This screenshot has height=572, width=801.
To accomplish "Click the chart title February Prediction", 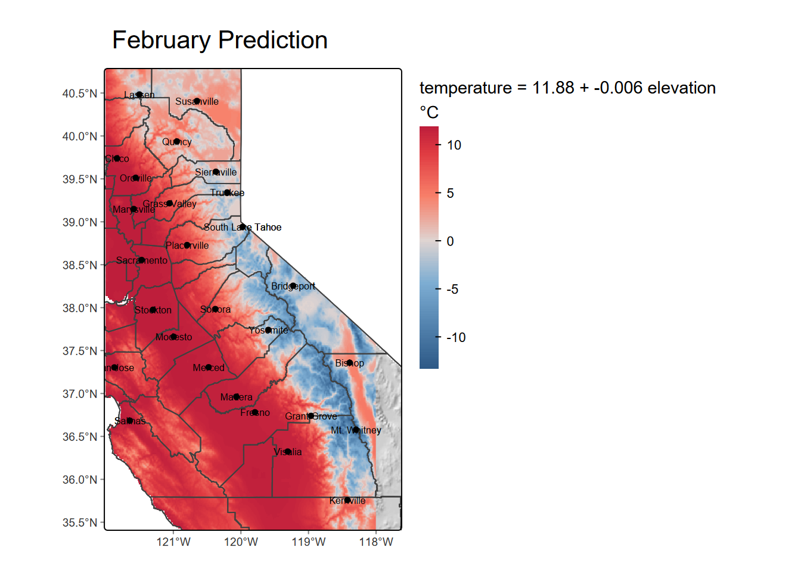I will (219, 41).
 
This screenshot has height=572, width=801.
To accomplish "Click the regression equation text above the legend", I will (567, 88).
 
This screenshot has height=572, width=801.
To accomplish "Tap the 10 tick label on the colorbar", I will (454, 145).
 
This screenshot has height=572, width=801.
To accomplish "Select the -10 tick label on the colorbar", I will (456, 338).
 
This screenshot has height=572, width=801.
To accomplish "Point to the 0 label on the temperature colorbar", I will (451, 241).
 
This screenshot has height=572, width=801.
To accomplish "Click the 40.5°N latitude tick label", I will (79, 94).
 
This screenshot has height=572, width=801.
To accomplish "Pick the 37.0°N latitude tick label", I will (79, 394).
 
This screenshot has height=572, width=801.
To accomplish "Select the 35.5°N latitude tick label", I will (79, 523).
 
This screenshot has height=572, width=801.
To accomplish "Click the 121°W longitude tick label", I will (173, 542).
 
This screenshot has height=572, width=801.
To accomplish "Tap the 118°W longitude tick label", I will (376, 542).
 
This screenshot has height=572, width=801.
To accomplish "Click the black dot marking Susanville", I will (197, 101).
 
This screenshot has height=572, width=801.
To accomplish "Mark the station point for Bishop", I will (349, 363).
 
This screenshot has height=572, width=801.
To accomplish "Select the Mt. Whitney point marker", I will (356, 430).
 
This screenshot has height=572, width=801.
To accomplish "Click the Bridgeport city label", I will (293, 287).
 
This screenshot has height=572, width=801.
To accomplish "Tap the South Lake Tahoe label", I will (243, 228).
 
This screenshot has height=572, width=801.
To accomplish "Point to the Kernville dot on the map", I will (347, 500).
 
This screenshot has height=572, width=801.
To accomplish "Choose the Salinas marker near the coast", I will (130, 421).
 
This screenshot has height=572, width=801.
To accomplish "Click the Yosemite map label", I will (268, 330).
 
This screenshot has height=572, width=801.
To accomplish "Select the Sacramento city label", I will (142, 260).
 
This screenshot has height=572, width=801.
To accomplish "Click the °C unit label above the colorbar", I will (429, 113).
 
